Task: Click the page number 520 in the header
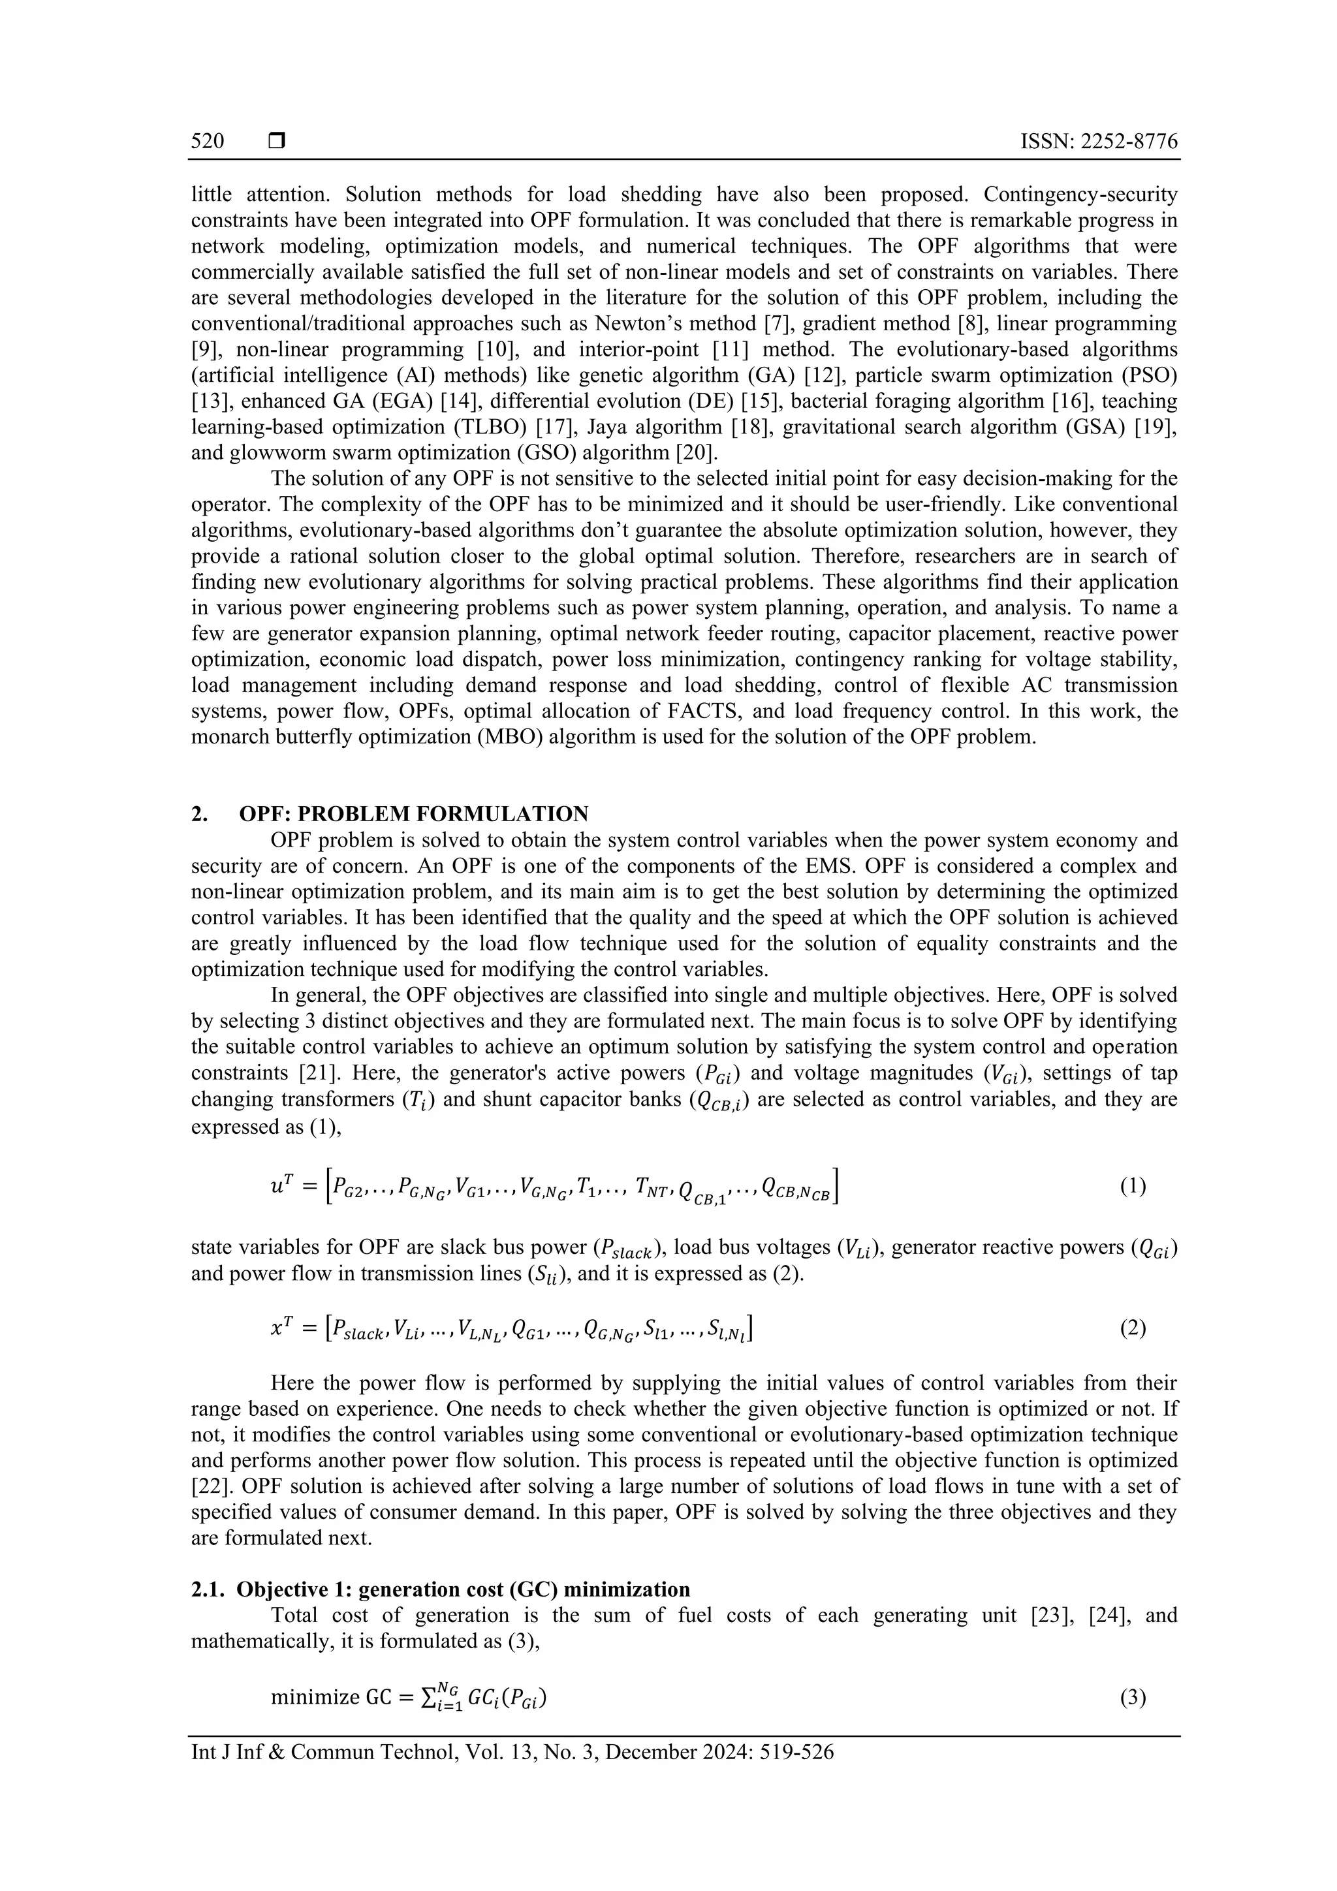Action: coord(208,141)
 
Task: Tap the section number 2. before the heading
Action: coord(199,814)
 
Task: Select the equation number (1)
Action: coord(1133,1187)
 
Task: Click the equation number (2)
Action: coord(1133,1328)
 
